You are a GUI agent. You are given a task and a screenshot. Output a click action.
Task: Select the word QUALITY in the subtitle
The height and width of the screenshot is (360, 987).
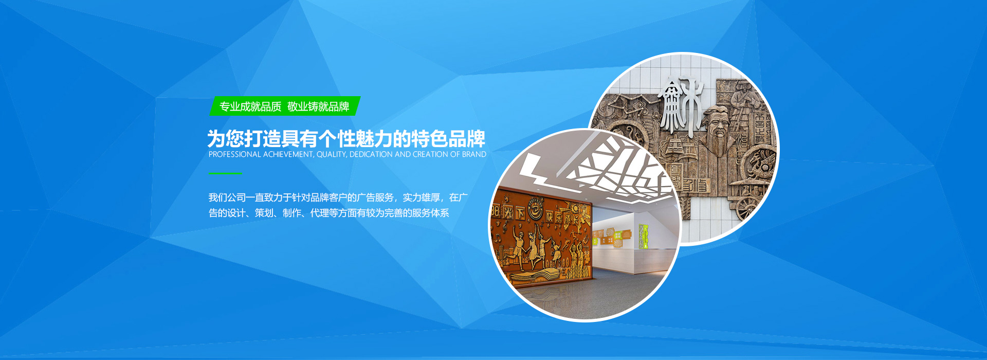[x=332, y=154]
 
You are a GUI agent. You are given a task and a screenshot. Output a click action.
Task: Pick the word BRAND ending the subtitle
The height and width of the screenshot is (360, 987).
[x=474, y=154]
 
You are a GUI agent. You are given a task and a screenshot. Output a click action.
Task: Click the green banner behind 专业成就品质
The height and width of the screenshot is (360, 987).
[x=285, y=106]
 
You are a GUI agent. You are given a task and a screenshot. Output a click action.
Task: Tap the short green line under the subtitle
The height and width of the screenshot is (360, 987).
[x=225, y=174]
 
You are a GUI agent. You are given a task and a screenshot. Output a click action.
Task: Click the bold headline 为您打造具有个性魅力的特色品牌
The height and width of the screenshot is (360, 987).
[x=346, y=138]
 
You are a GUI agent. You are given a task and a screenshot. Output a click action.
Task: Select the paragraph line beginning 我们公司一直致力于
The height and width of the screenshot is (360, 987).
[x=338, y=197]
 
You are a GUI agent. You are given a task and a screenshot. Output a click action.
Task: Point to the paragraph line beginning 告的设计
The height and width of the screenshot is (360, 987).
[x=328, y=213]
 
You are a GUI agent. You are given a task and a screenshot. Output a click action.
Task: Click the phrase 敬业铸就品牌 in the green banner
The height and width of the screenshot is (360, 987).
[x=318, y=106]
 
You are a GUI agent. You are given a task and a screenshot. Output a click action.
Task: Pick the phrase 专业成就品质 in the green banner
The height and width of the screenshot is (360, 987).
[x=250, y=106]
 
